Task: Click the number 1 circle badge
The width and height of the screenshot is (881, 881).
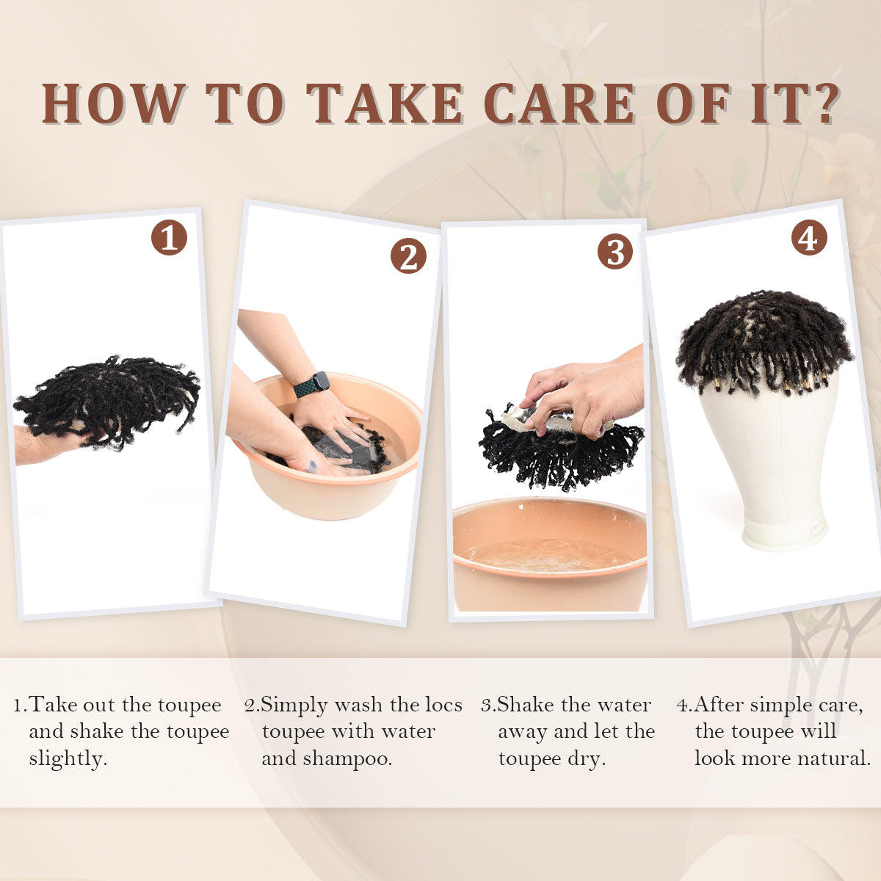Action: [x=169, y=238]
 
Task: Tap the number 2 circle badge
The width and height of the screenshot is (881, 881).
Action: [x=408, y=256]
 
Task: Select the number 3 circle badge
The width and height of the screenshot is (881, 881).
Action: [x=615, y=252]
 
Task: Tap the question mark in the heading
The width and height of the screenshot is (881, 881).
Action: [x=826, y=104]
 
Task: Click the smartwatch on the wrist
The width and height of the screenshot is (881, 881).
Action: [x=312, y=384]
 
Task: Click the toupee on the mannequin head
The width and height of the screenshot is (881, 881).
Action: [x=764, y=341]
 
